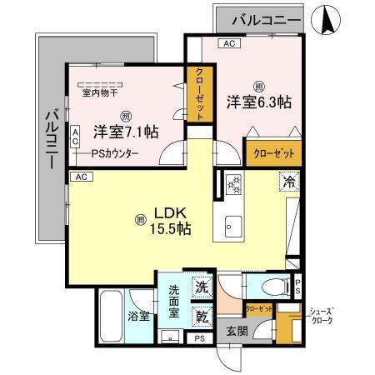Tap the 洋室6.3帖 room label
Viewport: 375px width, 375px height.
click(258, 102)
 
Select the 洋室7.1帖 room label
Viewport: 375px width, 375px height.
click(126, 132)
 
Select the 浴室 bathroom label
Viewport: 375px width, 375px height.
click(138, 317)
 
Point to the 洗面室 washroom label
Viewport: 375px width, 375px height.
click(174, 302)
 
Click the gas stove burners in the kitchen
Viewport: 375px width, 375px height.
click(233, 182)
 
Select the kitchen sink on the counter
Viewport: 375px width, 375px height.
click(232, 225)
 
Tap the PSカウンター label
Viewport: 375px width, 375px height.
click(116, 153)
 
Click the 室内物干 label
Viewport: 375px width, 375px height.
click(98, 92)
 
